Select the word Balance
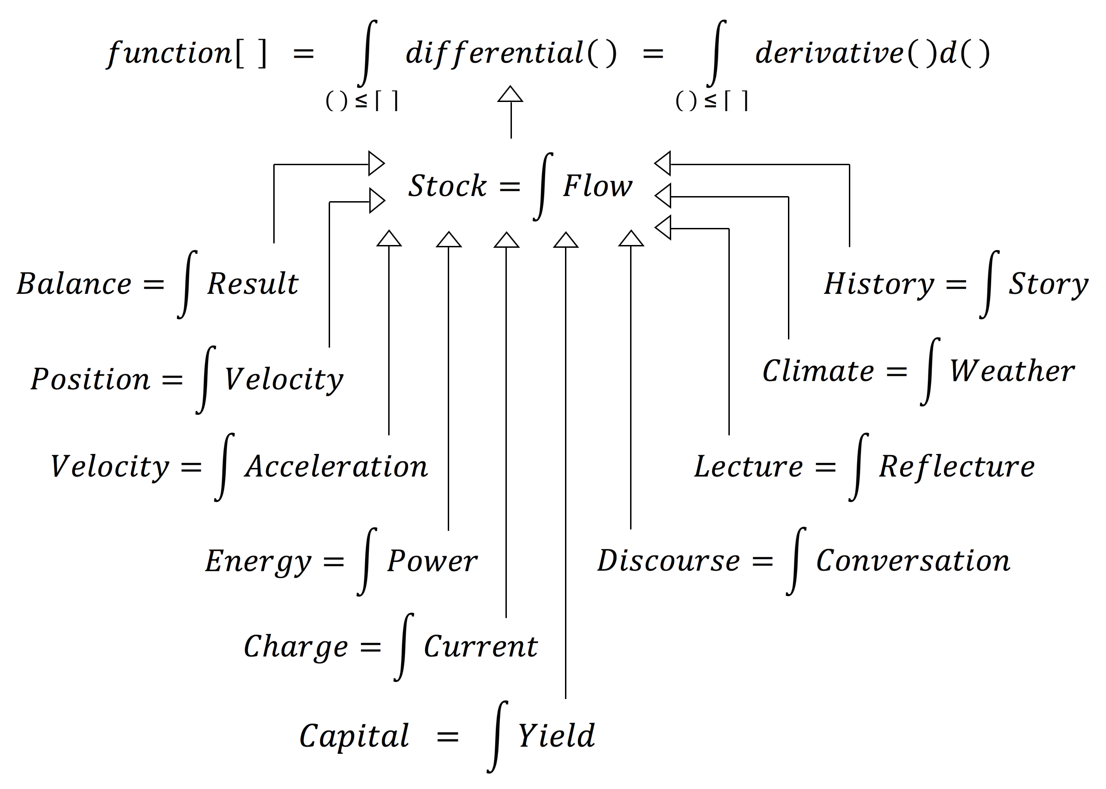pyautogui.click(x=74, y=284)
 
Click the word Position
pyautogui.click(x=90, y=379)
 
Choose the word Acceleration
pyautogui.click(x=336, y=467)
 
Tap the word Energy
pyautogui.click(x=258, y=562)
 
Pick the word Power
pyautogui.click(x=432, y=562)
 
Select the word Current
pyautogui.click(x=481, y=647)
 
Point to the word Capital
pyautogui.click(x=354, y=736)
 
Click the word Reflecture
pyautogui.click(x=957, y=467)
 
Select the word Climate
pyautogui.click(x=818, y=372)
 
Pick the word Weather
pyautogui.click(x=1012, y=372)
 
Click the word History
pyautogui.click(x=879, y=284)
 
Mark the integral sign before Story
pyautogui.click(x=989, y=284)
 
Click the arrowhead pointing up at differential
pyautogui.click(x=510, y=94)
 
